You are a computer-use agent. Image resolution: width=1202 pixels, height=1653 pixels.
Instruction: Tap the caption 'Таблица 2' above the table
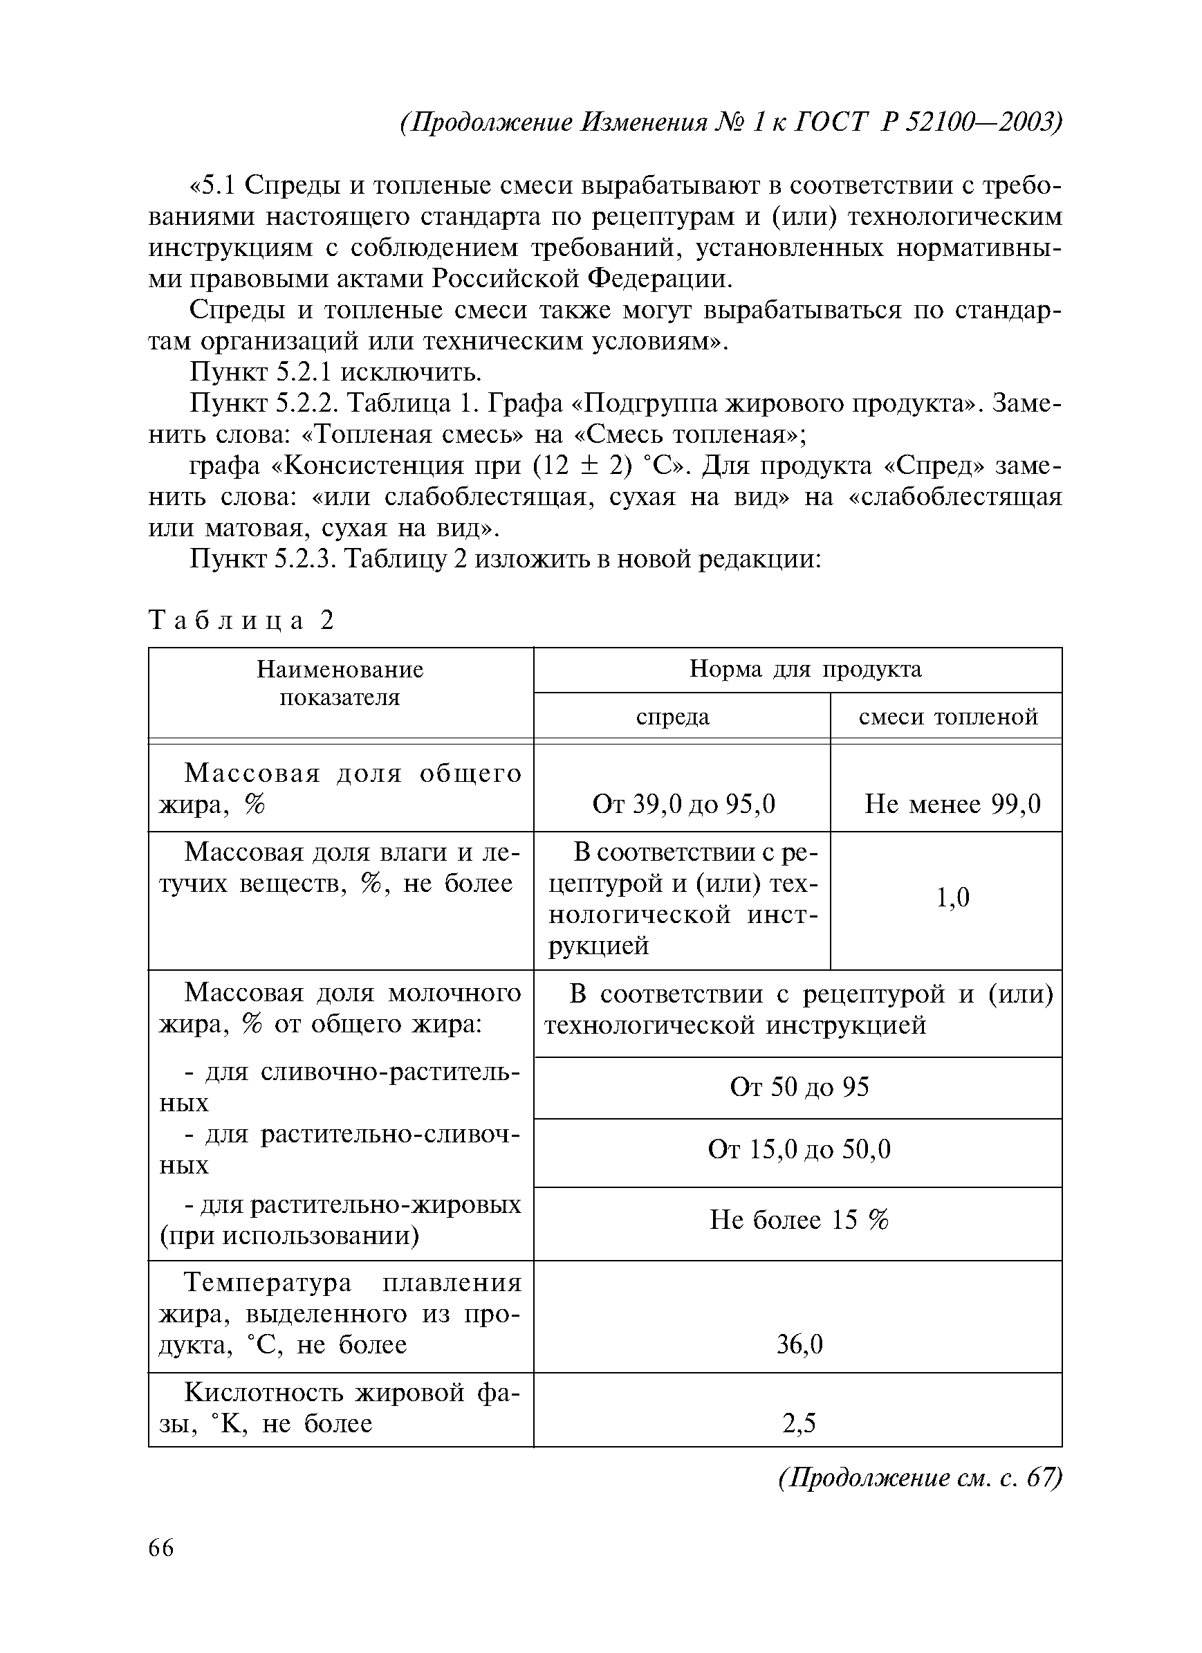click(x=241, y=620)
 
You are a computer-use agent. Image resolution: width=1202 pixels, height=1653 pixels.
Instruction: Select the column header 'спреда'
click(x=672, y=717)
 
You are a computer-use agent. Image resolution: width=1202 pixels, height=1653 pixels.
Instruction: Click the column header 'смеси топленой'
click(x=947, y=717)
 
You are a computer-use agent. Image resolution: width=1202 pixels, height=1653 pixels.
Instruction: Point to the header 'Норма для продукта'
click(x=805, y=669)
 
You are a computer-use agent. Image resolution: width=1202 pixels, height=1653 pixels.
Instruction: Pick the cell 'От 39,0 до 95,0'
click(x=683, y=804)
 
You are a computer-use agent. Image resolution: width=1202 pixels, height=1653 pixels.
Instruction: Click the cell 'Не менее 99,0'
click(x=952, y=804)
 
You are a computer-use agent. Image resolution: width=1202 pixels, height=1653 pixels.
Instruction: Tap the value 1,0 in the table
click(x=952, y=897)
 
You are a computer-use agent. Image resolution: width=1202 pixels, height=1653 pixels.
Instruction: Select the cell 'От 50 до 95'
click(x=799, y=1088)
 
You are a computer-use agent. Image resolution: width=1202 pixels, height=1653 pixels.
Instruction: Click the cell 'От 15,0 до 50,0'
click(x=799, y=1150)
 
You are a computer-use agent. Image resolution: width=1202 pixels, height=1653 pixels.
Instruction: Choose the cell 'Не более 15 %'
click(x=799, y=1220)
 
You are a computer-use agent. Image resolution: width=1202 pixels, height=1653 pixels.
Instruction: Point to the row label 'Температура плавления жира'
click(x=340, y=1313)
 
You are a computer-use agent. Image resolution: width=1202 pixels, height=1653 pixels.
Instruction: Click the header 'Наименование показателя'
click(x=340, y=683)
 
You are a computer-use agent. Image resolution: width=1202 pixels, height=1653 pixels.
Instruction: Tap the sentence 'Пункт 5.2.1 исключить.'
click(x=336, y=372)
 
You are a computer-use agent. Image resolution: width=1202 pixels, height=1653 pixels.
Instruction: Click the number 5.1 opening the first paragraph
click(x=217, y=186)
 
